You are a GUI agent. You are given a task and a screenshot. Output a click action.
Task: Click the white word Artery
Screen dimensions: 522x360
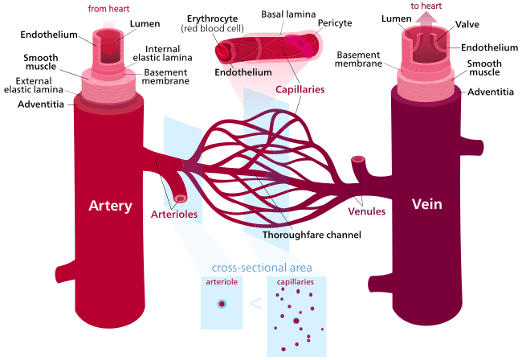click(110, 206)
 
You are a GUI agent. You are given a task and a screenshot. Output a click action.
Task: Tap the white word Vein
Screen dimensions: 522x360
click(427, 204)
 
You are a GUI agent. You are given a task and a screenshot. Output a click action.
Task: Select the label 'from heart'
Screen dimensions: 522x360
click(108, 9)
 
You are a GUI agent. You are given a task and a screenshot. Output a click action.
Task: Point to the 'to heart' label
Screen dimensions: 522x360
click(426, 6)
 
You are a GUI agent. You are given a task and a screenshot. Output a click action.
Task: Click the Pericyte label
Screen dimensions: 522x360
click(335, 23)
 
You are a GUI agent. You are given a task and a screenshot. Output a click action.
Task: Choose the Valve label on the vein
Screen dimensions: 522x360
click(467, 24)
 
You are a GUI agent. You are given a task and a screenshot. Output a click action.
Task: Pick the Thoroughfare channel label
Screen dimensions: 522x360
click(312, 235)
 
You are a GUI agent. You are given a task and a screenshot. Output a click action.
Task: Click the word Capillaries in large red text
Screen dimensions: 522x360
click(300, 89)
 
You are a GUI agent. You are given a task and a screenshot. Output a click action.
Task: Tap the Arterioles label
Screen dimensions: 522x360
click(174, 214)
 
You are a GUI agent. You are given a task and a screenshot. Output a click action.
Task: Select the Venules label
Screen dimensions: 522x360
click(366, 211)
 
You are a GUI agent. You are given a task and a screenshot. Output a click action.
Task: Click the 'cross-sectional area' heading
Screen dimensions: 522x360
click(262, 268)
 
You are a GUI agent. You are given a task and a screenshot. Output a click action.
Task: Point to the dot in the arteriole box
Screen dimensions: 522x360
click(222, 304)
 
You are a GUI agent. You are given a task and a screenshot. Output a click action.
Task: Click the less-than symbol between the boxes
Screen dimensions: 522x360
click(255, 304)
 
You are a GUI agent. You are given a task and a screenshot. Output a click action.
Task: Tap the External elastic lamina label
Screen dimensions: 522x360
click(34, 85)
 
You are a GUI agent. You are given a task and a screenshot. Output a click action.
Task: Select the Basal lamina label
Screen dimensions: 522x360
click(288, 14)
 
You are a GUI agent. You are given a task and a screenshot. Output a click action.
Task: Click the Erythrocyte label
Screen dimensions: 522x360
click(212, 19)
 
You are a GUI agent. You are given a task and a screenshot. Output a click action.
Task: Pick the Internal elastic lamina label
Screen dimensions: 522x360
click(162, 53)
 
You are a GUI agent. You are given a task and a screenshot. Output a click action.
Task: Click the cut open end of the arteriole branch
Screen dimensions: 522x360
click(181, 198)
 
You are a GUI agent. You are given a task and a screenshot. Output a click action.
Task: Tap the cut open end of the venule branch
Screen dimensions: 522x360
click(358, 160)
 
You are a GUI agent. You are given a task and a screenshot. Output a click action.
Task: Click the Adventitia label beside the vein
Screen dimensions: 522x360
click(491, 92)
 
